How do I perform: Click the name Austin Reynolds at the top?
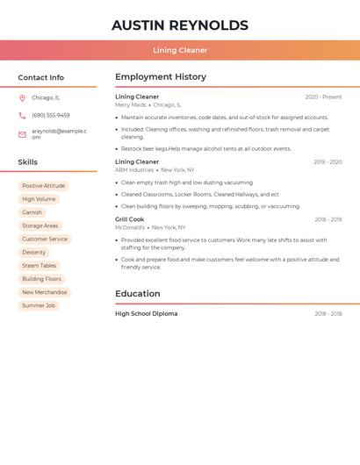(180, 25)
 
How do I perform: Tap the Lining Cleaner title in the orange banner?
(180, 50)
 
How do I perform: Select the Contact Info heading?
(40, 77)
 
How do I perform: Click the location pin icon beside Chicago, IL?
(22, 97)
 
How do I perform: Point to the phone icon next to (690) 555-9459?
(22, 115)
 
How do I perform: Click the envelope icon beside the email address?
(22, 134)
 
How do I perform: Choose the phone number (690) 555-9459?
(51, 115)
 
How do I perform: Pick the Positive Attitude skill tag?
(43, 186)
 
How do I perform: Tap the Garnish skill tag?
(32, 212)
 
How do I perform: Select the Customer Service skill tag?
(45, 239)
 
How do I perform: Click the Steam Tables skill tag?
(39, 266)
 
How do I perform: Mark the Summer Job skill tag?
(39, 305)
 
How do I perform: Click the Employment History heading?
(161, 77)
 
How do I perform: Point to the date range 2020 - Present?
(323, 97)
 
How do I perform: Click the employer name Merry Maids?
(131, 104)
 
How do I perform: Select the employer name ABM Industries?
(134, 169)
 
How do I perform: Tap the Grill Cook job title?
(130, 219)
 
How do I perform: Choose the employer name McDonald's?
(130, 227)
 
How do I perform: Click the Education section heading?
(138, 294)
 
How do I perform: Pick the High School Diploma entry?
(146, 313)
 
